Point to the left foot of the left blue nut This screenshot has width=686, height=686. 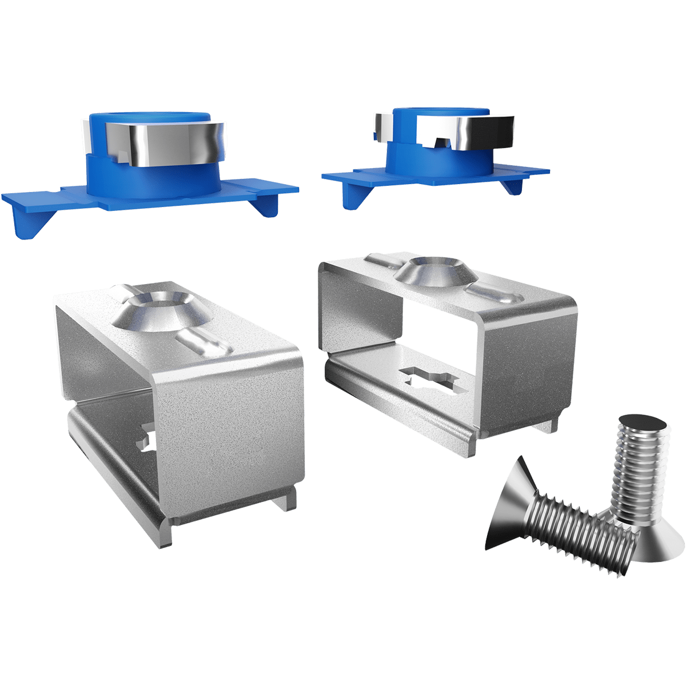coord(26,220)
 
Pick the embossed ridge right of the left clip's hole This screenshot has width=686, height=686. coord(203,346)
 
